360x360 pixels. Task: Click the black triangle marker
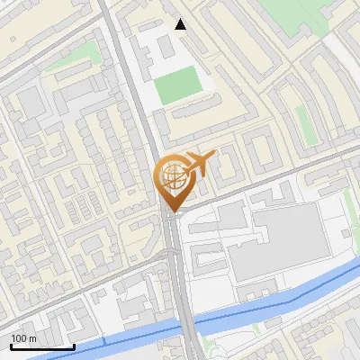pos(180,24)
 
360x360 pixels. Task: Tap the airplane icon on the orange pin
pos(196,164)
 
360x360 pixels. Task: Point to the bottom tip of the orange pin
pos(172,212)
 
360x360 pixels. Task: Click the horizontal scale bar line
pos(42,346)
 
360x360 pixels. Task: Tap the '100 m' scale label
pos(24,338)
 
